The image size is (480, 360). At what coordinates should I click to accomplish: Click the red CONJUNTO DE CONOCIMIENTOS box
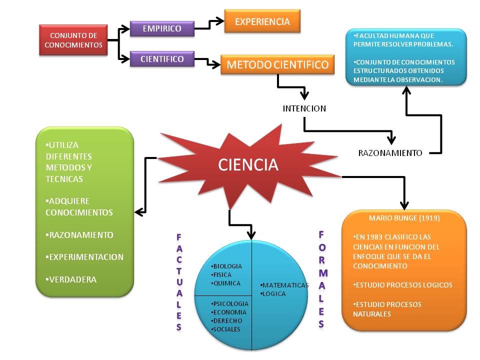tap(73, 40)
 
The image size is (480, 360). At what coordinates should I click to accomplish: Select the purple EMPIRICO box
tap(162, 28)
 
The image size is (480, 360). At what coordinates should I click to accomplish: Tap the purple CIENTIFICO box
tap(162, 59)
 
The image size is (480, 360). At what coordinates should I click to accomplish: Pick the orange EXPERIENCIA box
tap(262, 21)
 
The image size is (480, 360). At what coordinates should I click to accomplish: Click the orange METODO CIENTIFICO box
tap(277, 64)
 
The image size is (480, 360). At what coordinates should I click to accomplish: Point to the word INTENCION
tap(304, 108)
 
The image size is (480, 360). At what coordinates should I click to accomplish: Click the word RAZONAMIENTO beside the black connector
tap(390, 153)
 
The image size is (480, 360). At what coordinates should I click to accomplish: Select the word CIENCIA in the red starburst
tap(248, 164)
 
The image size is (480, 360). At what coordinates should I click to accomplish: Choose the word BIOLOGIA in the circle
tap(227, 266)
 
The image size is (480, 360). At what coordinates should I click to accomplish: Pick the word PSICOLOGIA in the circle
tap(230, 303)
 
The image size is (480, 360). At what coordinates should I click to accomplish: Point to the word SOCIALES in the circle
tap(227, 329)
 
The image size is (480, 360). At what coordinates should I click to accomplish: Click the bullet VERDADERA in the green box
tap(72, 279)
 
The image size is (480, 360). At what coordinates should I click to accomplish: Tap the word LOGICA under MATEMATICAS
tap(274, 293)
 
